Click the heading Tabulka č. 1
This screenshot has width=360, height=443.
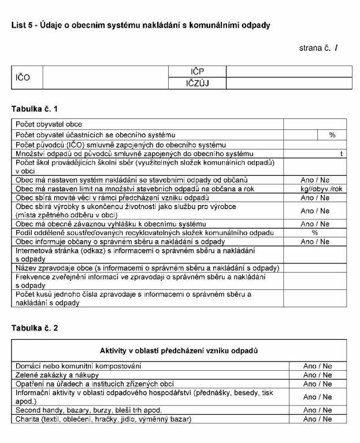(35, 109)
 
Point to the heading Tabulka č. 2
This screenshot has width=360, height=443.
(35, 328)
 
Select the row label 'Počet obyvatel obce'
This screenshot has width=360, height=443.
(49, 124)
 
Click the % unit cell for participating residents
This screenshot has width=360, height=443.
(332, 135)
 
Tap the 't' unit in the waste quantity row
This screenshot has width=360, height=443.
(342, 154)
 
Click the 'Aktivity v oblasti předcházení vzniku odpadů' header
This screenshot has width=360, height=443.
(179, 351)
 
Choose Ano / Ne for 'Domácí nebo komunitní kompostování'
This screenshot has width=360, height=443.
(317, 366)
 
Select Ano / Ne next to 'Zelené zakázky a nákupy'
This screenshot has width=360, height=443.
(317, 375)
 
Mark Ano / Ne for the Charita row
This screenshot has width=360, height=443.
(317, 419)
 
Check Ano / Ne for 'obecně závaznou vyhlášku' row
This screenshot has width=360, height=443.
(315, 224)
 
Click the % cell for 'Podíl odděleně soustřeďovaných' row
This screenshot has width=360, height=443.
(315, 233)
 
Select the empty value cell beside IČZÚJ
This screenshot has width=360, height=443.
(288, 83)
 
